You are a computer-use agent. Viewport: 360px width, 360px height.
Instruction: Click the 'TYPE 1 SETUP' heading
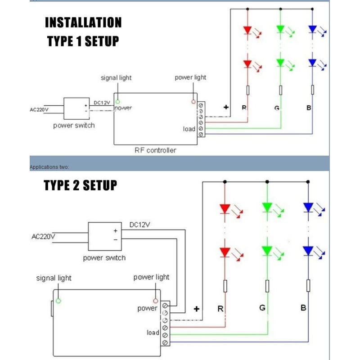[x=83, y=41]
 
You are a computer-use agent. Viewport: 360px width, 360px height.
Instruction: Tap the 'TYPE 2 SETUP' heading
[x=81, y=185]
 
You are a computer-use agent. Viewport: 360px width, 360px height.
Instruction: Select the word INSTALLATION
[x=83, y=22]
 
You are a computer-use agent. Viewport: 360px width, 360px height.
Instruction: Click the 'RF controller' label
[x=155, y=150]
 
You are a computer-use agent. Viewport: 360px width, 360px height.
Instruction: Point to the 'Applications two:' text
[x=49, y=167]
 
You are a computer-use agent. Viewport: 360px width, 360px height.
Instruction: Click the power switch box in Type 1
[x=77, y=107]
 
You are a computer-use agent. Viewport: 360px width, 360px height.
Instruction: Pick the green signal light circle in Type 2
[x=58, y=301]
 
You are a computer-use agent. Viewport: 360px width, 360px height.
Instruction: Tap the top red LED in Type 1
[x=247, y=31]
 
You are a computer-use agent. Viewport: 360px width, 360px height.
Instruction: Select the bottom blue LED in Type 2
[x=308, y=250]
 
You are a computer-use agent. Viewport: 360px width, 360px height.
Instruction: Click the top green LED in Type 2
[x=267, y=207]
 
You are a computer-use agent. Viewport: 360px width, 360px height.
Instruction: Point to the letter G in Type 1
[x=276, y=108]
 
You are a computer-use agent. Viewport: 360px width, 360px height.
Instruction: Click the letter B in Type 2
[x=303, y=308]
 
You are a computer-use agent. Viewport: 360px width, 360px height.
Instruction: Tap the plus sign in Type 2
[x=197, y=309]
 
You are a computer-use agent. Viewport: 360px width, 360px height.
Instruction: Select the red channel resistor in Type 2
[x=225, y=286]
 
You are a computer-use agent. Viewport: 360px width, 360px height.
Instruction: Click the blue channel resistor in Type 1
[x=313, y=90]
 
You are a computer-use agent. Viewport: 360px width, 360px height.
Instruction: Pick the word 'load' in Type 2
[x=153, y=333]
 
